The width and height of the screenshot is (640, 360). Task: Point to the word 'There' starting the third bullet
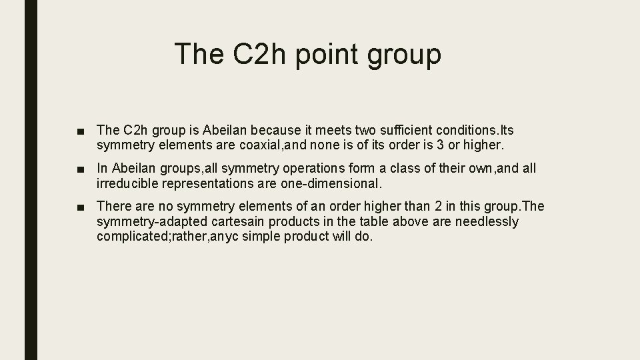(113, 207)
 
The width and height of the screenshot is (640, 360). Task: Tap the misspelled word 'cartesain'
(221, 221)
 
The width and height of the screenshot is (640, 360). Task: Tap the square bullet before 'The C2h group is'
(81, 129)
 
